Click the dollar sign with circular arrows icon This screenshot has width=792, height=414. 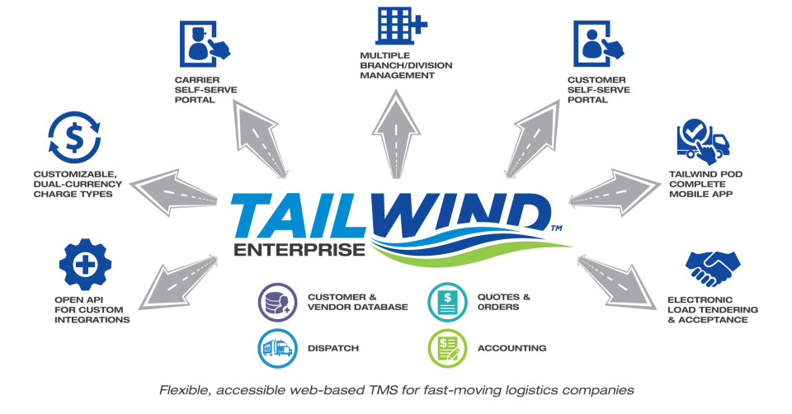point(74,139)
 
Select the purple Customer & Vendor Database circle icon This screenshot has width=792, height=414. point(275,302)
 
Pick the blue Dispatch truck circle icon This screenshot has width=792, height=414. point(275,348)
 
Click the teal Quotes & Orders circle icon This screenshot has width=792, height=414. point(447,302)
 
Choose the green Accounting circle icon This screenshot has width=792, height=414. point(447,348)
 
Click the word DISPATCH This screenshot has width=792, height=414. point(333,348)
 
